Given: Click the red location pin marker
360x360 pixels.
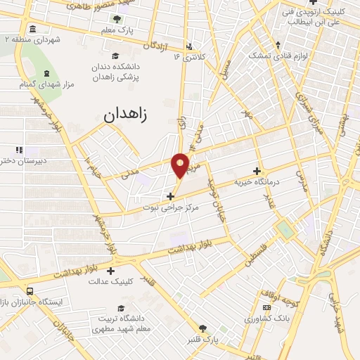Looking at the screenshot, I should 180,165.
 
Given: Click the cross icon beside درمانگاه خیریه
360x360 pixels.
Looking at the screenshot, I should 257,171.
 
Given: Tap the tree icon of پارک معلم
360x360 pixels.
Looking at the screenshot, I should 116,19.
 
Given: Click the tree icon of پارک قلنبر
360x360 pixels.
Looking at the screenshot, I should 203,328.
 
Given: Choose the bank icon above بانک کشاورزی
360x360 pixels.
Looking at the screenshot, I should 266,307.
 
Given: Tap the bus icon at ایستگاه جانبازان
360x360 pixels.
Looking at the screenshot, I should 30,291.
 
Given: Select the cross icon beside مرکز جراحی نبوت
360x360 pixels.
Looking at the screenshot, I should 171,195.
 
